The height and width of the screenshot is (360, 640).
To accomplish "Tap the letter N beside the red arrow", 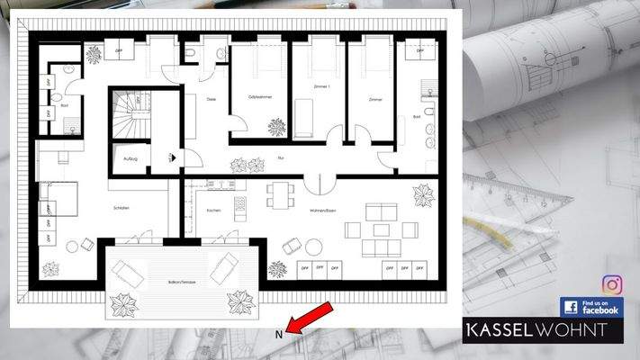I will (x=280, y=334).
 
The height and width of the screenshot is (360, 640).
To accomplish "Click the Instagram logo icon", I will (x=612, y=285).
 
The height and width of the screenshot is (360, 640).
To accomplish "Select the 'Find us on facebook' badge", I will (x=590, y=307).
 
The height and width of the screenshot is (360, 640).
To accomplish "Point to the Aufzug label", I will (x=130, y=157).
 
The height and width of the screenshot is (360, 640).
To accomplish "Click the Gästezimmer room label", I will (x=261, y=96).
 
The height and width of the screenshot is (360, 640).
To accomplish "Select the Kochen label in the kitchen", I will (x=213, y=211).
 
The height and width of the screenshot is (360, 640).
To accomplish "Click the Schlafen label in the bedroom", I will (x=122, y=208).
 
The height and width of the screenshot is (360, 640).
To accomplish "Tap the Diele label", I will (x=212, y=98).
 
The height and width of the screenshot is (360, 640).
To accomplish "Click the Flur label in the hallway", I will (x=281, y=157).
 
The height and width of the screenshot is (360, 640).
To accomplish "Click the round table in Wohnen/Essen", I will (x=313, y=247).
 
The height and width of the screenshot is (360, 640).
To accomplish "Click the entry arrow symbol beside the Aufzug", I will (x=173, y=157).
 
